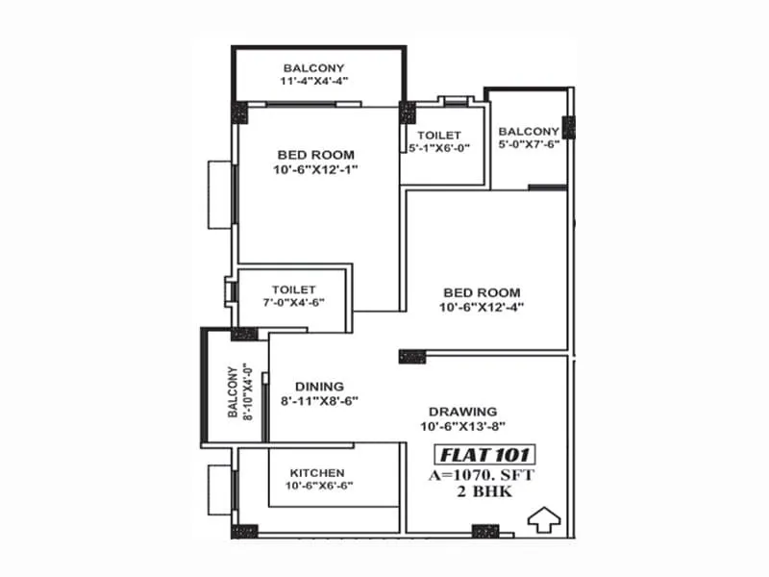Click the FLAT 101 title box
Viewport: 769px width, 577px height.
point(485,454)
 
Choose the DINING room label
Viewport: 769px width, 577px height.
point(319,387)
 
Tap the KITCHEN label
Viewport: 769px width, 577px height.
point(316,472)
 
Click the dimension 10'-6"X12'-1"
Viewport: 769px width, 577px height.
point(315,171)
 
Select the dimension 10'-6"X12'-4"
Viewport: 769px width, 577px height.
point(482,309)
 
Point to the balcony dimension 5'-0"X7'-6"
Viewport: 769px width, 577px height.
point(529,146)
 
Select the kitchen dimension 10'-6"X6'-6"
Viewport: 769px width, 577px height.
point(316,488)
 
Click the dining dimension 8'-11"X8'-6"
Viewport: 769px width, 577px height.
point(319,402)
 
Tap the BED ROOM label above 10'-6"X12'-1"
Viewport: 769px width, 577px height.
point(315,155)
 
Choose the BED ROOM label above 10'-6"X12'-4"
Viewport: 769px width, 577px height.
point(482,292)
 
